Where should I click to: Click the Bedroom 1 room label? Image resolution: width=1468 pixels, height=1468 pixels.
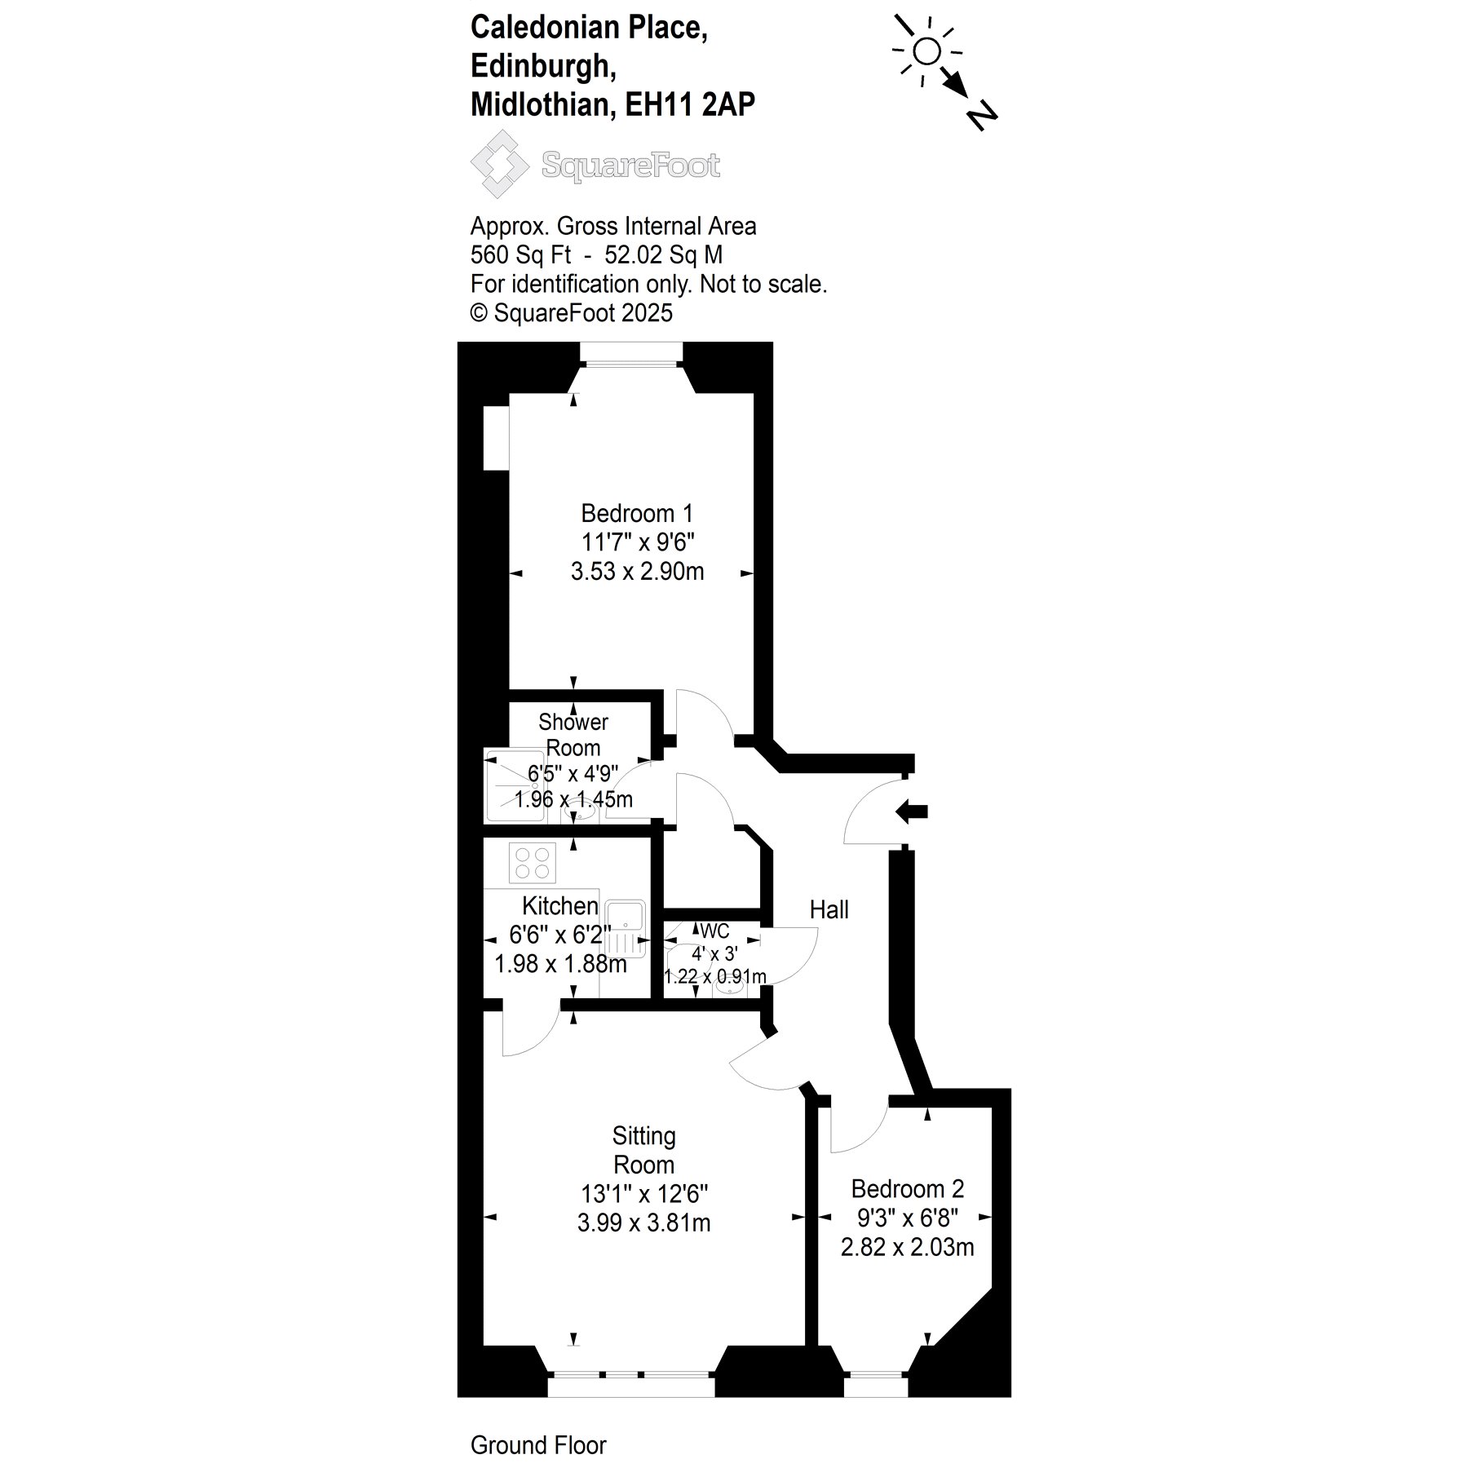pos(637,514)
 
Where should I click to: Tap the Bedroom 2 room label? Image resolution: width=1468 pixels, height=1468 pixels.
pos(907,1188)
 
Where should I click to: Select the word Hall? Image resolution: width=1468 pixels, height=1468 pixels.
pos(829,909)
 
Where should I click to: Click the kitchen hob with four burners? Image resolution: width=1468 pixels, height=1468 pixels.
pos(533,863)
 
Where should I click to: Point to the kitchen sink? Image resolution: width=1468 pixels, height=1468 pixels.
pos(626,928)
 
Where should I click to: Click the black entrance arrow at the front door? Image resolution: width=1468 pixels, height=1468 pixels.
pos(912,811)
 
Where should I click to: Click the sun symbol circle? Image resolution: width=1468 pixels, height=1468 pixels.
pos(926,52)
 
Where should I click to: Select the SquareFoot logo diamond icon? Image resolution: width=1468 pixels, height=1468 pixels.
pos(499,164)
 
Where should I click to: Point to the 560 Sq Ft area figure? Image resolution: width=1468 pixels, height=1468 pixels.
pos(520,255)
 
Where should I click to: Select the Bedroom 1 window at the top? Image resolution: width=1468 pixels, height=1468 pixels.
pos(630,353)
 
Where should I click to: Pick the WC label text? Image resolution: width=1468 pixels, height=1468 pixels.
pos(714,931)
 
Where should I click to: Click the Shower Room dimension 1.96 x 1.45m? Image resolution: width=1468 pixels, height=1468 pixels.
pos(573,799)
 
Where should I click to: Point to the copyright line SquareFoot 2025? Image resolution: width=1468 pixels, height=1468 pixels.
pos(572,313)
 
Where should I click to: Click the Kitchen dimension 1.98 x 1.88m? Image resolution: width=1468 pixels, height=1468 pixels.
pos(560,964)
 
